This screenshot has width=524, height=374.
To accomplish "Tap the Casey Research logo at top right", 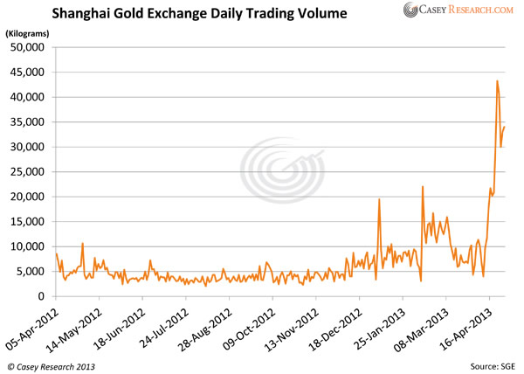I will pyautogui.click(x=459, y=10).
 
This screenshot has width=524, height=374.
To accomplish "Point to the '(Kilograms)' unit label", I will pyautogui.click(x=28, y=32).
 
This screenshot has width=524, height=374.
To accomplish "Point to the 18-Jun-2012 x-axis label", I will pyautogui.click(x=120, y=325).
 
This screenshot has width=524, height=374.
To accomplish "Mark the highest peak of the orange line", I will pyautogui.click(x=497, y=81).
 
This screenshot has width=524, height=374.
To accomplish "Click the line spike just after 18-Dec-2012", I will pyautogui.click(x=379, y=200).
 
